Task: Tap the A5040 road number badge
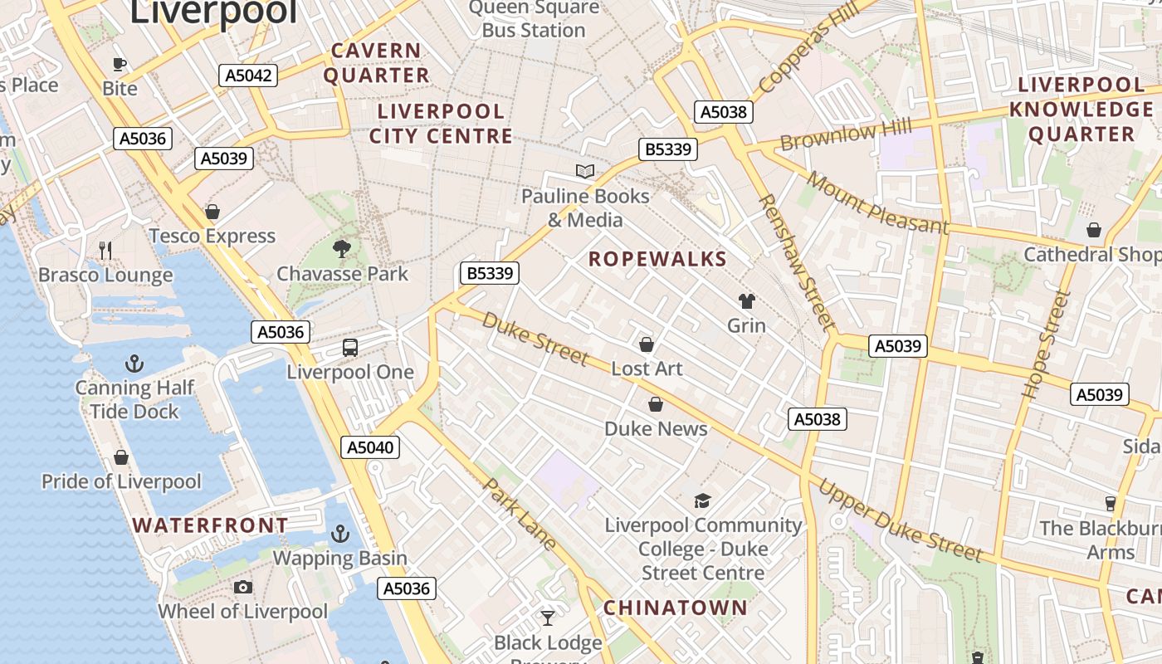370,447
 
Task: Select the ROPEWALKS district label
657,259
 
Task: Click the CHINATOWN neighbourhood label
676,608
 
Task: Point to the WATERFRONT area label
210,525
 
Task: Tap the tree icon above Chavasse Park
341,248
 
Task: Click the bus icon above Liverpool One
350,348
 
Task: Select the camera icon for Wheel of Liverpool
242,588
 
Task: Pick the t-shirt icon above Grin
746,301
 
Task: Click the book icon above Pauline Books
585,172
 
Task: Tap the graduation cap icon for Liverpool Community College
702,500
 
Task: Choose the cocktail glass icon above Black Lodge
548,618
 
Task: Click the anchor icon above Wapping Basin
340,534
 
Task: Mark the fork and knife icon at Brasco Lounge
105,250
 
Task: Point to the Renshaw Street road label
795,261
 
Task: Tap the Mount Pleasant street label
876,203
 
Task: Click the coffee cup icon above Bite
120,64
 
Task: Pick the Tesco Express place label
212,237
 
